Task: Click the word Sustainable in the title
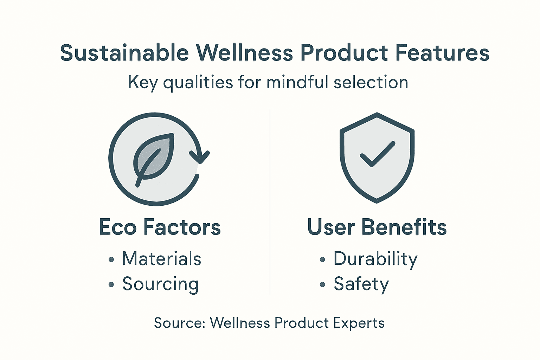tap(124, 53)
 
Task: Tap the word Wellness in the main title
tap(244, 53)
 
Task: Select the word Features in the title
tap(442, 53)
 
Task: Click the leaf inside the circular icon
tap(154, 157)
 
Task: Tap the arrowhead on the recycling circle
tap(200, 157)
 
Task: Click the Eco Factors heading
tap(160, 227)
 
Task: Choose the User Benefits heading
tap(377, 227)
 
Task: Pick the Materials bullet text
tap(161, 259)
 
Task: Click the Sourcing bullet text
tap(160, 284)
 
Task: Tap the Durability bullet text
tap(375, 259)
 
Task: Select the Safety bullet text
tap(361, 284)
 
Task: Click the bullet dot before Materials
tap(111, 260)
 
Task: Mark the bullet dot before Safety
tap(322, 285)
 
